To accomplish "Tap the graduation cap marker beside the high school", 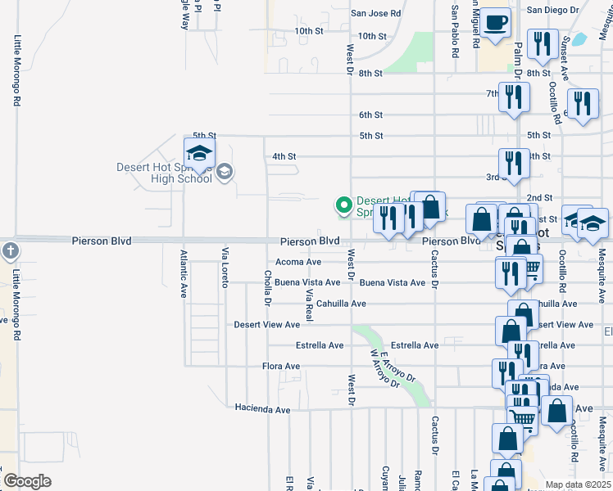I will click(x=199, y=152).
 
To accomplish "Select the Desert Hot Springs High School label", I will click(x=163, y=173).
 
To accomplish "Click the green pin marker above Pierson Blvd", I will click(x=344, y=205).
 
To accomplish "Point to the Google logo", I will click(x=27, y=481).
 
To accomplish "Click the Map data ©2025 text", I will click(x=577, y=484).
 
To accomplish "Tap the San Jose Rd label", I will click(x=375, y=14).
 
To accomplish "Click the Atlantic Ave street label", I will click(x=184, y=273).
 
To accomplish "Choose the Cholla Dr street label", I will click(x=266, y=287).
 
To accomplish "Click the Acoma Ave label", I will click(x=298, y=262).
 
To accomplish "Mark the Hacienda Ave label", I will click(x=262, y=408).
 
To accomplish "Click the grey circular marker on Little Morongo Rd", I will click(x=9, y=250).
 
